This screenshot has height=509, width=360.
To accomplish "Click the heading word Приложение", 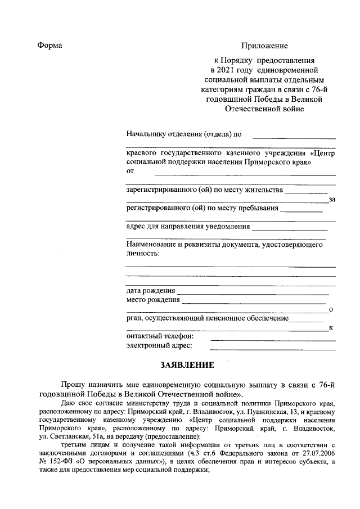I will pyautogui.click(x=264, y=46).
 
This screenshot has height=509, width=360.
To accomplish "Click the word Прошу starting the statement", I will pyautogui.click(x=73, y=385).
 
